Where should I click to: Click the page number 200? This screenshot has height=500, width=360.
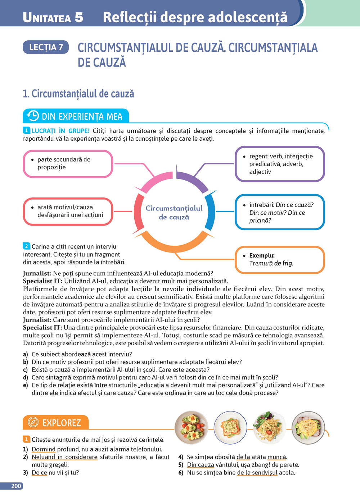16,486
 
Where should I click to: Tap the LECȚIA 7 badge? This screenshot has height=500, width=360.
46,47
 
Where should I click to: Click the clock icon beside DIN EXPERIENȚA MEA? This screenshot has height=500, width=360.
33,116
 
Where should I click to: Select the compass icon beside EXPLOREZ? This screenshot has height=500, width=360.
33,422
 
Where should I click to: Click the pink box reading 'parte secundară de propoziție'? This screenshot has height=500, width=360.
68,164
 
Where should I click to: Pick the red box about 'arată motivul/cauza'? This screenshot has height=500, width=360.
68,212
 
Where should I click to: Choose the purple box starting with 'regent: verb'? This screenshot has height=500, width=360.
280,164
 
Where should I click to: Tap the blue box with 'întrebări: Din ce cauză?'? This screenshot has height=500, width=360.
280,212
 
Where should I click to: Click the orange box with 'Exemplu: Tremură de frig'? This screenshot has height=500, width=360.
280,259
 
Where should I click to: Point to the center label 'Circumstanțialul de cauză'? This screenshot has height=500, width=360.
174,213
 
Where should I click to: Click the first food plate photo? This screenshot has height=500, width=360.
191,428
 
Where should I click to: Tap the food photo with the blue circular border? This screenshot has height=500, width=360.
230,428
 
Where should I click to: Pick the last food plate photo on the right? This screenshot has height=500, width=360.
308,428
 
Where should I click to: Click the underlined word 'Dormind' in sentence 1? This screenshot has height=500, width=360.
44,449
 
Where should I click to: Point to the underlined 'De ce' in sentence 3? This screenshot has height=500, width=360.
39,473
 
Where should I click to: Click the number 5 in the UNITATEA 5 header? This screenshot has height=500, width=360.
79,17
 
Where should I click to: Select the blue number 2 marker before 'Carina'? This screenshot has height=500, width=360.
27,246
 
